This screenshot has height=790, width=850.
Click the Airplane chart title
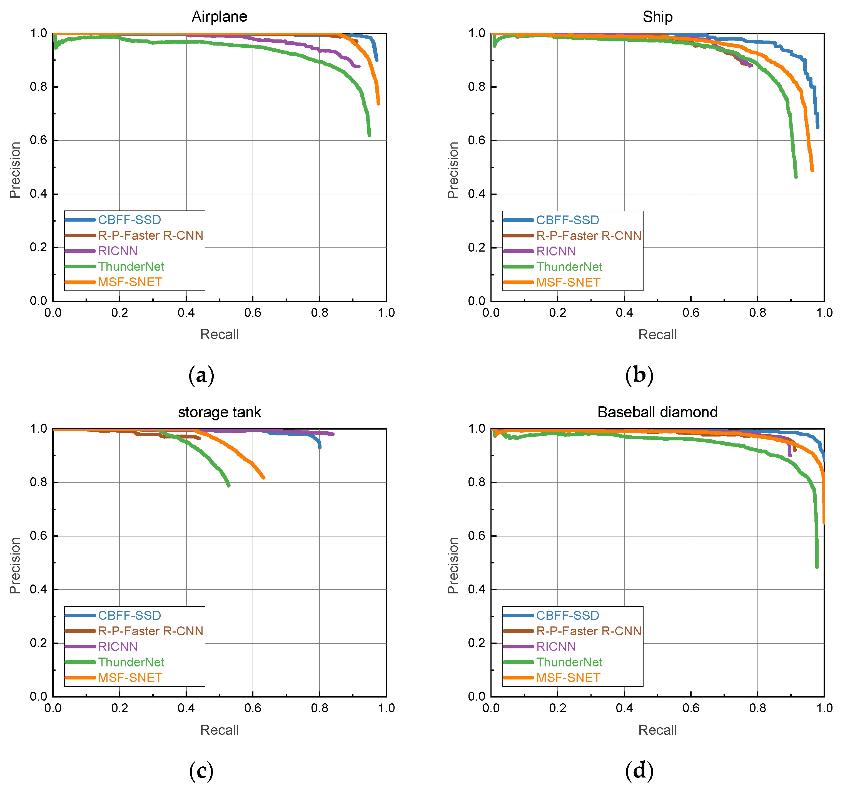[219, 17]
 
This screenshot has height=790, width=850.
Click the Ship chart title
[658, 17]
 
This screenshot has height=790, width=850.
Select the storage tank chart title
[219, 412]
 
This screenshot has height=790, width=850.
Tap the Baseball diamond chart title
[658, 412]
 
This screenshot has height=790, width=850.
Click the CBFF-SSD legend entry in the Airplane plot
[129, 220]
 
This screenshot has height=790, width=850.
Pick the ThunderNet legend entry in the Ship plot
[569, 267]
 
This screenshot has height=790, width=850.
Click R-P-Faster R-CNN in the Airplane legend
[151, 235]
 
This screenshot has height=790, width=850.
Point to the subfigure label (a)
[201, 375]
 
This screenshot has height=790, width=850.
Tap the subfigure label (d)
[639, 771]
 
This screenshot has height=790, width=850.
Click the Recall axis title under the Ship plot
[658, 335]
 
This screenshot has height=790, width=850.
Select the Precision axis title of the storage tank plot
[15, 565]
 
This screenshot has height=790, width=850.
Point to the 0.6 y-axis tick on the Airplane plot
[38, 141]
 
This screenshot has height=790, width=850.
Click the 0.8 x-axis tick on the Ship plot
[758, 313]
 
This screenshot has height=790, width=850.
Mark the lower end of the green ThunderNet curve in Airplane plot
[369, 135]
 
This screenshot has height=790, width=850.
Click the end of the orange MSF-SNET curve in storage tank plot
[263, 477]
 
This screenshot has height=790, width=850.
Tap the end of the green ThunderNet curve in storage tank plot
[229, 485]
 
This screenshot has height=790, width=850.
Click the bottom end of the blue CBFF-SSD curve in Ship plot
[817, 127]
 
